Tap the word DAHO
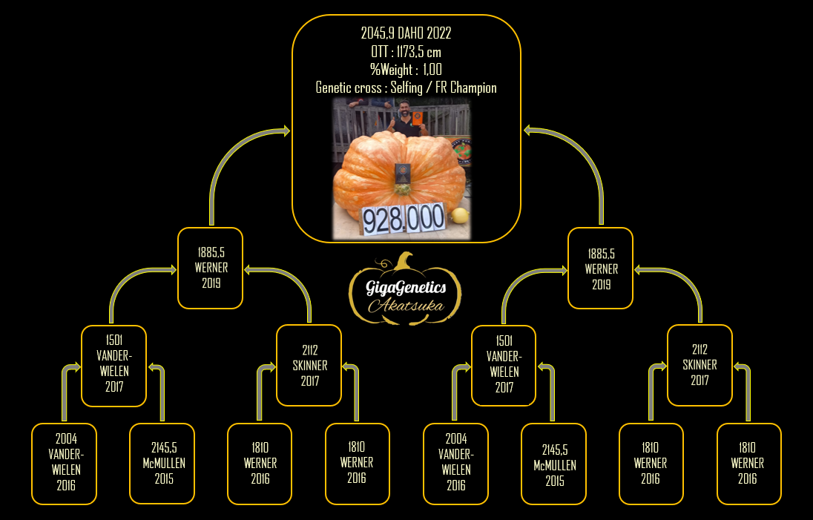coord(411,33)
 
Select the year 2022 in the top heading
coord(439,33)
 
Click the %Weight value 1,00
coord(432,70)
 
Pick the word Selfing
coord(406,88)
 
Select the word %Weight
coord(391,70)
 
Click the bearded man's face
coord(405,109)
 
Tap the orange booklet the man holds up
coord(418,118)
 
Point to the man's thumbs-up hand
coord(392,122)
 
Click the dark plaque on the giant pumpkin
coord(403,173)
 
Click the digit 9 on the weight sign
coord(370,220)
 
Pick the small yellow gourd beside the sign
coord(460,216)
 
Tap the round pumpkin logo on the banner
coord(461,151)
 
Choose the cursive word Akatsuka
coord(406,305)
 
